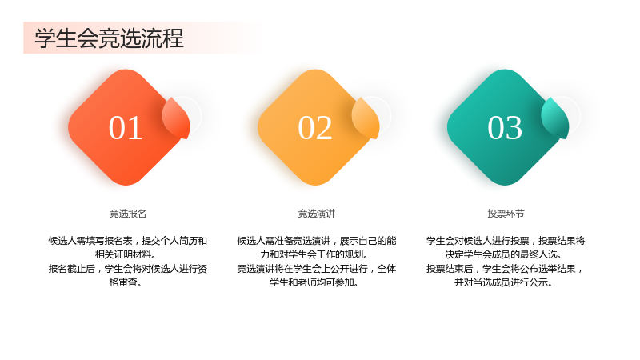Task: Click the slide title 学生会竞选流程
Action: click(x=109, y=38)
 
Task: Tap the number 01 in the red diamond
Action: click(x=126, y=128)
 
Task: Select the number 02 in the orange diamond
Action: click(x=314, y=128)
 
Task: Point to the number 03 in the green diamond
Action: click(x=505, y=128)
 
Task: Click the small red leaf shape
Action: click(x=176, y=118)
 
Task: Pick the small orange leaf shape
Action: click(x=366, y=118)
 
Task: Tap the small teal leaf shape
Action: click(x=555, y=118)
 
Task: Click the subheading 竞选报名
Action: click(x=128, y=214)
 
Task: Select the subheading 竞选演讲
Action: click(x=316, y=214)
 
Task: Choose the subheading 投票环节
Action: click(x=506, y=214)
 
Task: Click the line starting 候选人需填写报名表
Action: click(x=128, y=241)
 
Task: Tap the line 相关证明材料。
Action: click(x=126, y=254)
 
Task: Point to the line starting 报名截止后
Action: click(x=128, y=269)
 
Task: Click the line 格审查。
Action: click(x=126, y=282)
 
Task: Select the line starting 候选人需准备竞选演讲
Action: click(x=317, y=241)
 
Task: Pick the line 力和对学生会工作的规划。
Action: click(x=314, y=254)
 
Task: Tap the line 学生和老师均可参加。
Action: click(x=314, y=282)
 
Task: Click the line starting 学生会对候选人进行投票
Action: click(x=506, y=241)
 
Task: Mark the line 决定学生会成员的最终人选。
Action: click(x=504, y=254)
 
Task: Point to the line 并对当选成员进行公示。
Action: click(x=504, y=282)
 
